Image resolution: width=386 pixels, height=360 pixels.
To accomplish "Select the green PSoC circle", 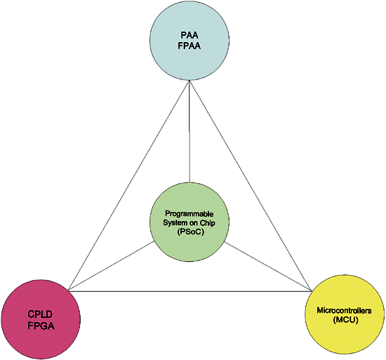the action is [189, 222].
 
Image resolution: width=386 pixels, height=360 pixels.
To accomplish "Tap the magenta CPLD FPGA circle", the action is [41, 319].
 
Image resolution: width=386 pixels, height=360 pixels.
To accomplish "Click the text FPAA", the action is [189, 46].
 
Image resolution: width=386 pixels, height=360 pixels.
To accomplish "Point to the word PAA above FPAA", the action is [189, 35].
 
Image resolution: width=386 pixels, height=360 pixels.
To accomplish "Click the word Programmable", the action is [189, 213].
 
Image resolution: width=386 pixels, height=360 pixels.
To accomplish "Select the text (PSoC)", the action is [190, 232].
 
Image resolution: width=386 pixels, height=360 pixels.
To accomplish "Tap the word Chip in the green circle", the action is [207, 223].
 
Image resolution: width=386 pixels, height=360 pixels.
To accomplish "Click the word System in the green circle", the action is [172, 222].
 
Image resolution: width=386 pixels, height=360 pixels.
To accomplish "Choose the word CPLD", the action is [40, 314].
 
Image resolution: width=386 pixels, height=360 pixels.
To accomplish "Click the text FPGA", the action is [41, 326].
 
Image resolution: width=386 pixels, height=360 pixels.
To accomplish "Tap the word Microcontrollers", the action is [344, 310].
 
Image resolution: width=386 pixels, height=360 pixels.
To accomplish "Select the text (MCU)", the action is [345, 320].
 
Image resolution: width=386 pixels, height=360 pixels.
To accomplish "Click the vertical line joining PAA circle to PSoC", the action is [189, 131].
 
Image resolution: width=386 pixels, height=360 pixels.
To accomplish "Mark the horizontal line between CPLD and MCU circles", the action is [190, 291].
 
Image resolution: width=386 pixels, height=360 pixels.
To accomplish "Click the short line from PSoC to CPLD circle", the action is [112, 266].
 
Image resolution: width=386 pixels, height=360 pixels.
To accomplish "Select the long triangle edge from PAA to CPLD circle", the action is [129, 185].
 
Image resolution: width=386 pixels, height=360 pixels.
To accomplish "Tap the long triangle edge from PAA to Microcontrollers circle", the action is [251, 186].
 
